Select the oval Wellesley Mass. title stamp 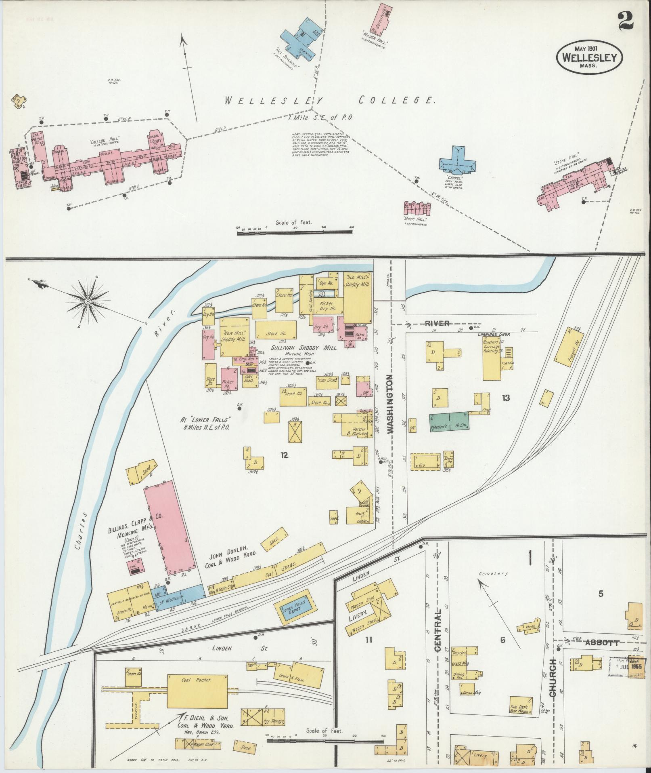click(x=590, y=57)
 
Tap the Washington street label click(x=390, y=404)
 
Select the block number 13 click(x=506, y=398)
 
